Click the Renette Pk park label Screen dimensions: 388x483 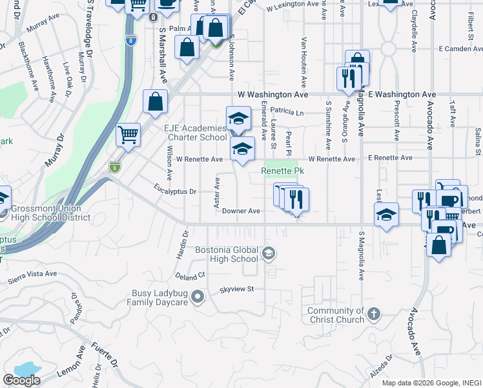[x=282, y=171]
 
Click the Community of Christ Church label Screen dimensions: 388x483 [x=336, y=316]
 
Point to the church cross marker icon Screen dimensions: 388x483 [x=373, y=315]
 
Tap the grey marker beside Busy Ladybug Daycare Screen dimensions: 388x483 [x=198, y=297]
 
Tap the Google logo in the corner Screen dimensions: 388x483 [x=21, y=380]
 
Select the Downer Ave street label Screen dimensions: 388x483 [x=241, y=211]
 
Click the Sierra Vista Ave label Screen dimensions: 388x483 [x=33, y=277]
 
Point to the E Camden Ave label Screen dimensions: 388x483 [x=460, y=48]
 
